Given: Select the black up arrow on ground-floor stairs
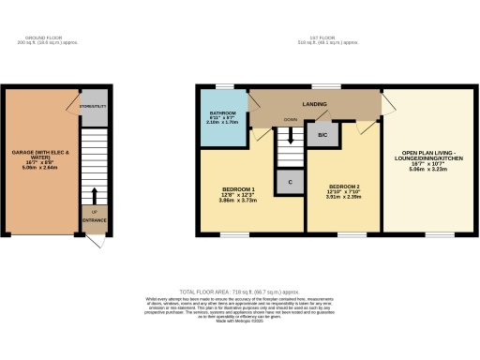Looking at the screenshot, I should (95, 194).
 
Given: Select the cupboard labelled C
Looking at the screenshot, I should (292, 182).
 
